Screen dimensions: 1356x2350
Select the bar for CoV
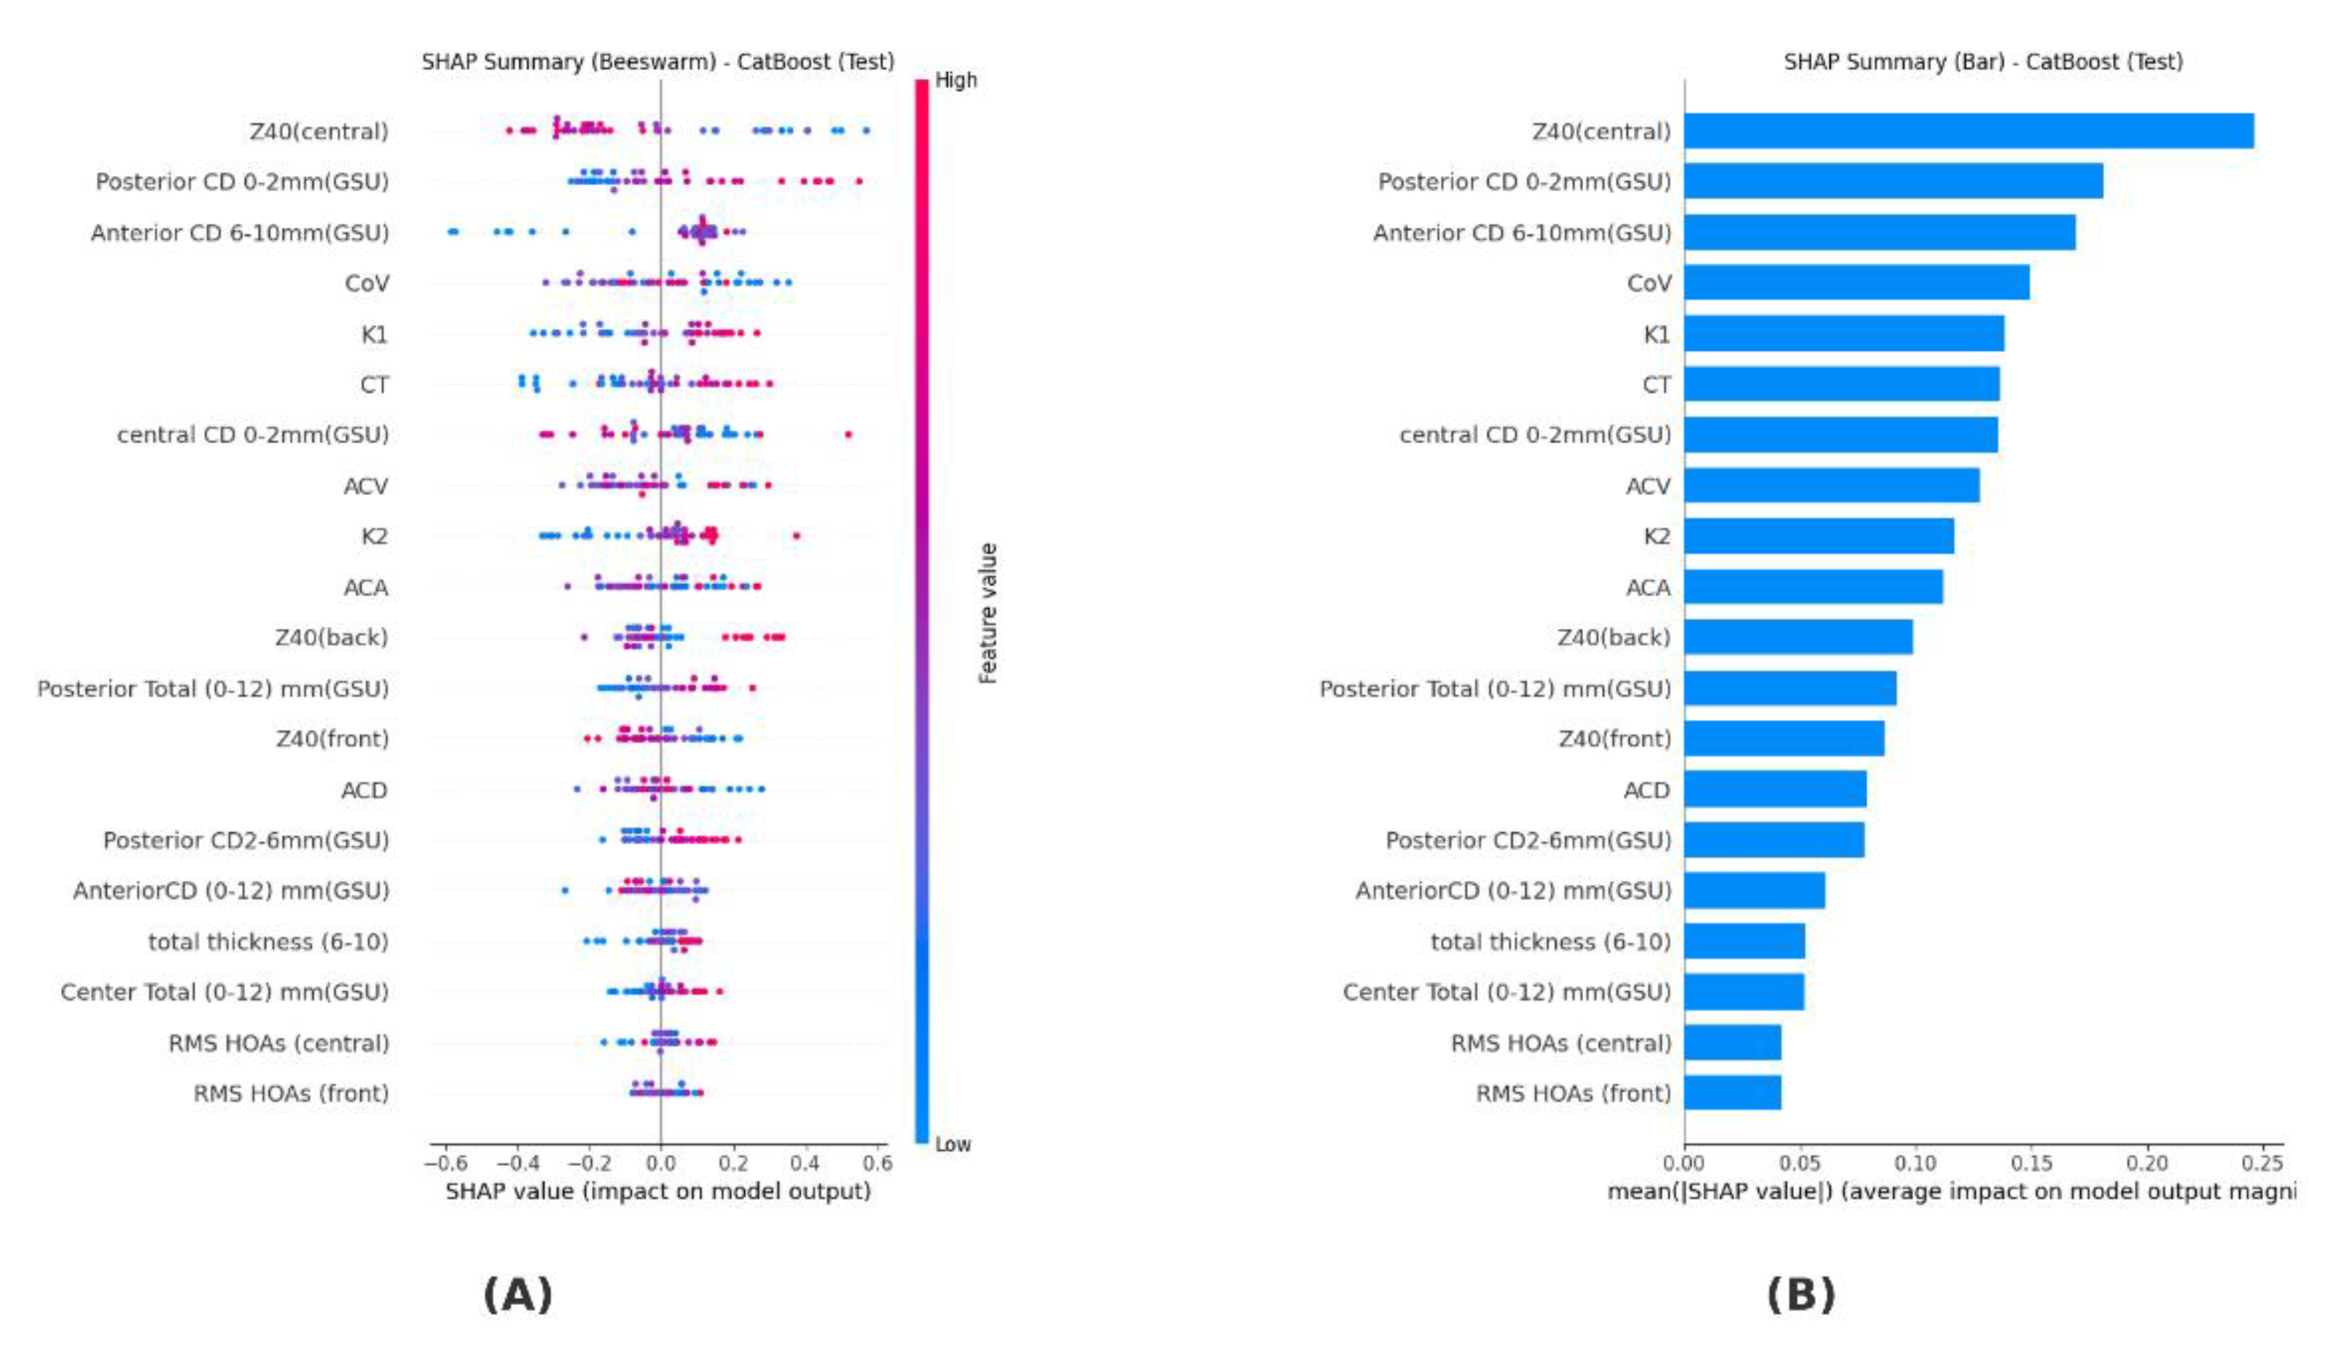point(1855,283)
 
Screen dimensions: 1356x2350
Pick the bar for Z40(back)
point(1797,637)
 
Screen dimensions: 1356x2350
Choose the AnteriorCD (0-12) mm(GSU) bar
point(1753,891)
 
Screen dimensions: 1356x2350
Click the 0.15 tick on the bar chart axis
point(2030,1163)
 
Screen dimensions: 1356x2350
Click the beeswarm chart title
point(657,61)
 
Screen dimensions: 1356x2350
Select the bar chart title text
point(1982,61)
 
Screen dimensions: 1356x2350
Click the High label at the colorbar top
point(956,80)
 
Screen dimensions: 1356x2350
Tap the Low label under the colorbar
point(953,1144)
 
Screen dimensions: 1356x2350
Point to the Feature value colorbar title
point(989,613)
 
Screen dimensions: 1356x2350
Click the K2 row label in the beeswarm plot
point(374,536)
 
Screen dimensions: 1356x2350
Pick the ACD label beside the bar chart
point(1646,790)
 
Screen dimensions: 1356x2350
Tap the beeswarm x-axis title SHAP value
point(657,1191)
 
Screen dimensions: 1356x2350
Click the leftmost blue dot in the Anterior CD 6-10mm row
point(452,231)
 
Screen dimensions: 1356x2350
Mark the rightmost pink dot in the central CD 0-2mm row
point(848,434)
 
